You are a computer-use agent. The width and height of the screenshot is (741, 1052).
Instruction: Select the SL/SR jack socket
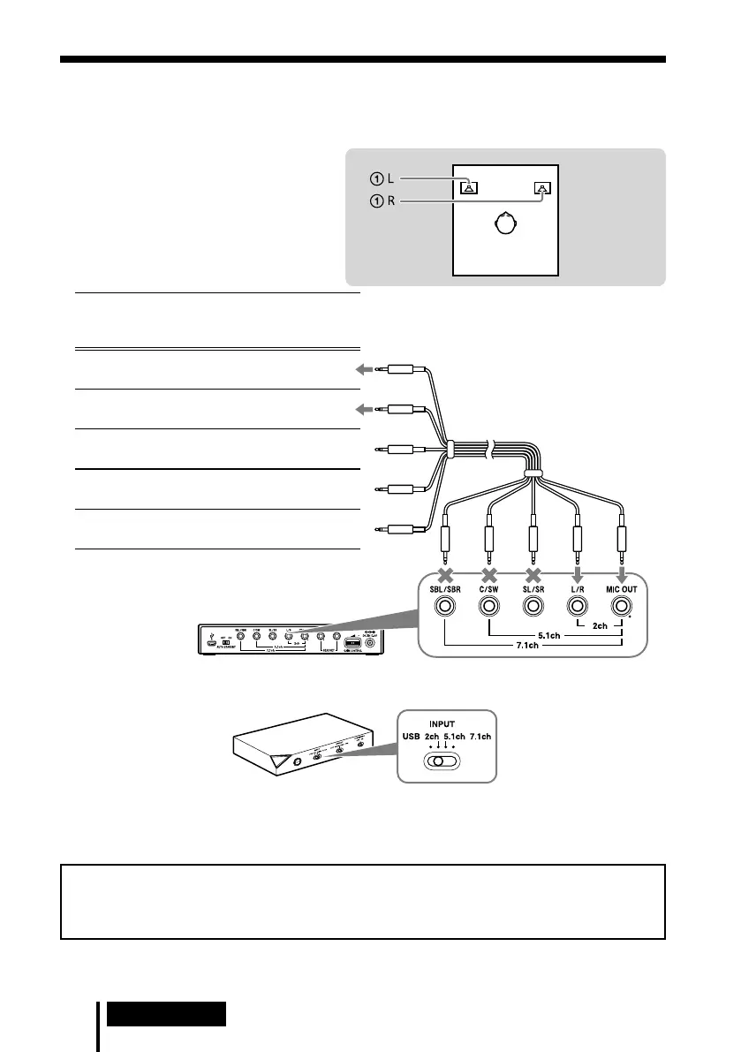533,606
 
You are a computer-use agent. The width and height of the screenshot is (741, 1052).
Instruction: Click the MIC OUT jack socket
623,606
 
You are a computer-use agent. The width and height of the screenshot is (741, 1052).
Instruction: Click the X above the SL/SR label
533,573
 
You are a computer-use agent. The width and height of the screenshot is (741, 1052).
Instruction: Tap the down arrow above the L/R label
578,573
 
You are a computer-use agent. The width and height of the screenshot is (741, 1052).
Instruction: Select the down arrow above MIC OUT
623,573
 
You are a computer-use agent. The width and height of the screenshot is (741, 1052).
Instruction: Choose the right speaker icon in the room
541,186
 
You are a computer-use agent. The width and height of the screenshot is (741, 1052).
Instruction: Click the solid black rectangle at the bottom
166,1012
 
